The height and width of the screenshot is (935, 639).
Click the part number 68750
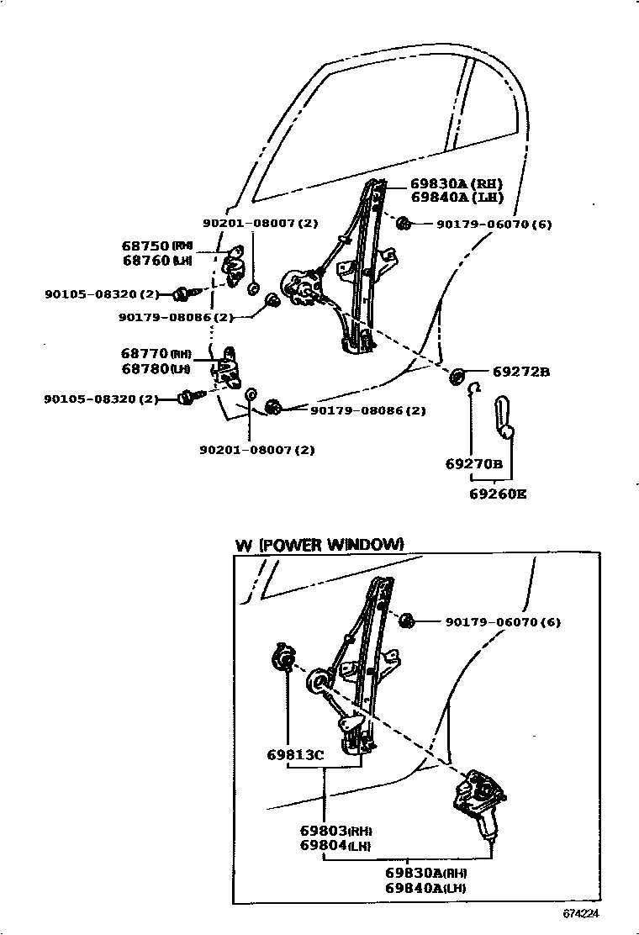145,246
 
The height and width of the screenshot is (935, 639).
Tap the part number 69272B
520,372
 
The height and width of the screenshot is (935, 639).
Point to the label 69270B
474,463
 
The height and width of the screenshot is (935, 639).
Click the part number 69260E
498,494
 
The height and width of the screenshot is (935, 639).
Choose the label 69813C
295,754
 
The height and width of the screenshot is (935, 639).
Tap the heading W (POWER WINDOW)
319,545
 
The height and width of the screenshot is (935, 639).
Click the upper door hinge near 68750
235,264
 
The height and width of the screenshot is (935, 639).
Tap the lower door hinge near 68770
229,367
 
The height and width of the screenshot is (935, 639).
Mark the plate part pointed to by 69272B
458,374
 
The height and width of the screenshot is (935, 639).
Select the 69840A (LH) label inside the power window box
426,888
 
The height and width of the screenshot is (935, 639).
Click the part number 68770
145,355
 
